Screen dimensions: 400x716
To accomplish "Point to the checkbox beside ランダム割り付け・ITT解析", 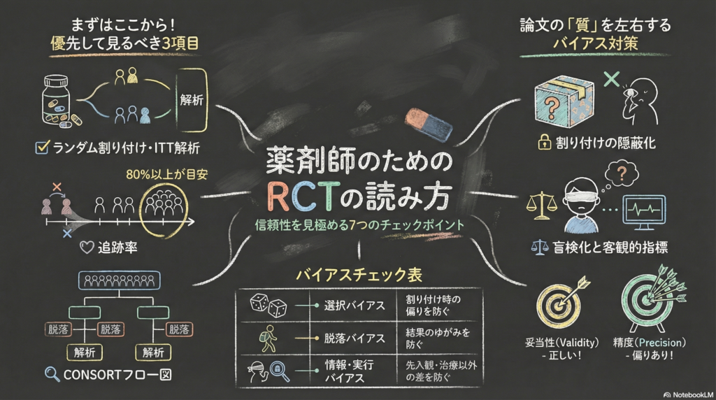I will tap(41, 148).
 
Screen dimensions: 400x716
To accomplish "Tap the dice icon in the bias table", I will tap(268, 305).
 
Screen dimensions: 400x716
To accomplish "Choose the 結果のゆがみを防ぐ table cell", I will tap(434, 338).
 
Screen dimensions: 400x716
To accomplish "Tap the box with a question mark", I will tap(564, 101).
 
